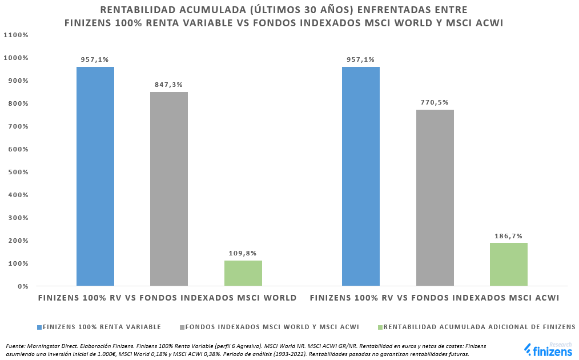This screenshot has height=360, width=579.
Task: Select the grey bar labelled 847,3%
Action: point(169,189)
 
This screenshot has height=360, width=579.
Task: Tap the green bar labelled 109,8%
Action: point(243,273)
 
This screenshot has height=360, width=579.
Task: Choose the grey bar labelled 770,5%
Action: point(435,198)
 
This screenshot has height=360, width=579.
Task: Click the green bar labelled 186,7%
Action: point(509,264)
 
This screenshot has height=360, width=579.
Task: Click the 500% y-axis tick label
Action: point(18,172)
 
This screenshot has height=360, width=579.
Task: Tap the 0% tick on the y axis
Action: point(22,286)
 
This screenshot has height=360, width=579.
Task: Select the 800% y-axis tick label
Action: point(18,103)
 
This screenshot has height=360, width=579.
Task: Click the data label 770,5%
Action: point(435,103)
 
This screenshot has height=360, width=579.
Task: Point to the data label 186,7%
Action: point(509,236)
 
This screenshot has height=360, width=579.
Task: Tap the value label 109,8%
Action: point(243,254)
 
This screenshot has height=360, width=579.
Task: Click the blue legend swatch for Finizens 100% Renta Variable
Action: point(39,327)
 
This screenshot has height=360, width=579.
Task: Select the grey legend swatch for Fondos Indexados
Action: point(182,327)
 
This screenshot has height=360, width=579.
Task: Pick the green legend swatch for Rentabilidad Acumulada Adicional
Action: point(380,327)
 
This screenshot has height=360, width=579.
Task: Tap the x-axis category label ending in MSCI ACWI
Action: point(435,298)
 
